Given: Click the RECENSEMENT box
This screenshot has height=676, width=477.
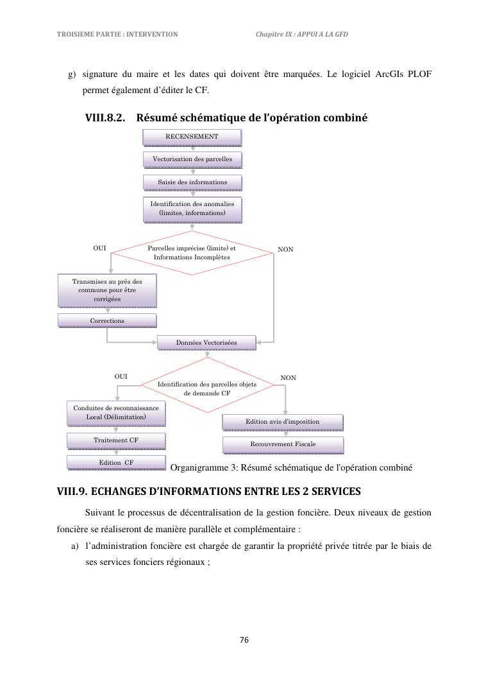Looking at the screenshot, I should [x=192, y=137].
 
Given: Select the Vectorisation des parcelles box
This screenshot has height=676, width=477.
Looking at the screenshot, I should [x=192, y=159].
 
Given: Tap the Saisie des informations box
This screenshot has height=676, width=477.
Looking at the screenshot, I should [x=192, y=182].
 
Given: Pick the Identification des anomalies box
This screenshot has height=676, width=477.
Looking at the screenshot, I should [x=192, y=209].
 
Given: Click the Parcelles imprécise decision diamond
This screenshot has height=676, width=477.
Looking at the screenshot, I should [x=192, y=252].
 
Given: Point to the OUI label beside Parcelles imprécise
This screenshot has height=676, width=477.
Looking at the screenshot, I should [x=100, y=247].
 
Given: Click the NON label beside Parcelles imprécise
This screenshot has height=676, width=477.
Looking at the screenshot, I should [x=286, y=249].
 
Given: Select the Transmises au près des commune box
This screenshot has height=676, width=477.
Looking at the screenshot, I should [x=107, y=290].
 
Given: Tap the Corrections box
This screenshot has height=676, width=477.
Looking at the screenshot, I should [x=107, y=320].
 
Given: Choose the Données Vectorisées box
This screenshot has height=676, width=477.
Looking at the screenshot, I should [x=206, y=343].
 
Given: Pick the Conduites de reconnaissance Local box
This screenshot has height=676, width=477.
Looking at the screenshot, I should [x=116, y=413].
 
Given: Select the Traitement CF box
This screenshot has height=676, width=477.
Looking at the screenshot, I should [x=116, y=440].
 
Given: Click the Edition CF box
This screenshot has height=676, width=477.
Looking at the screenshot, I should [x=116, y=462].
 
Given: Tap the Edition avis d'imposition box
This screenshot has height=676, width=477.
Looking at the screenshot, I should [x=282, y=422].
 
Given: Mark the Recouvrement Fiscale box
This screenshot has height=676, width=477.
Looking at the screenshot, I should [x=283, y=444].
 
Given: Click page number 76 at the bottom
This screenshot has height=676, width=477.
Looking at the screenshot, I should [x=244, y=639].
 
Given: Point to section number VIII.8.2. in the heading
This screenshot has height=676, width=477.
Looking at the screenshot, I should [x=105, y=118].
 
